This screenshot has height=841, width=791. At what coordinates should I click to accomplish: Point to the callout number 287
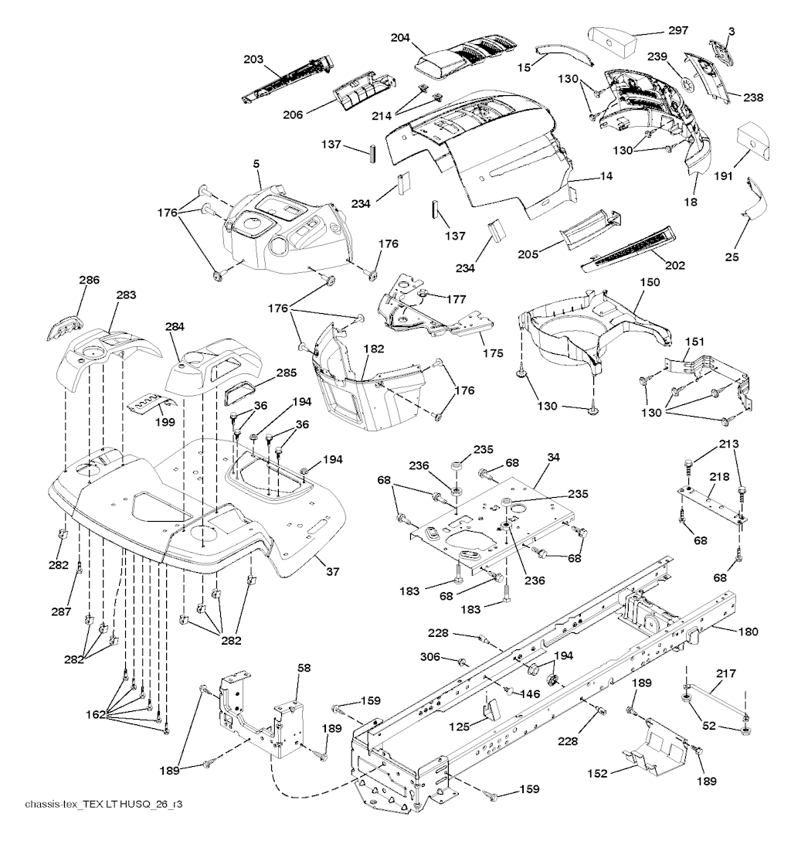tap(63, 611)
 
